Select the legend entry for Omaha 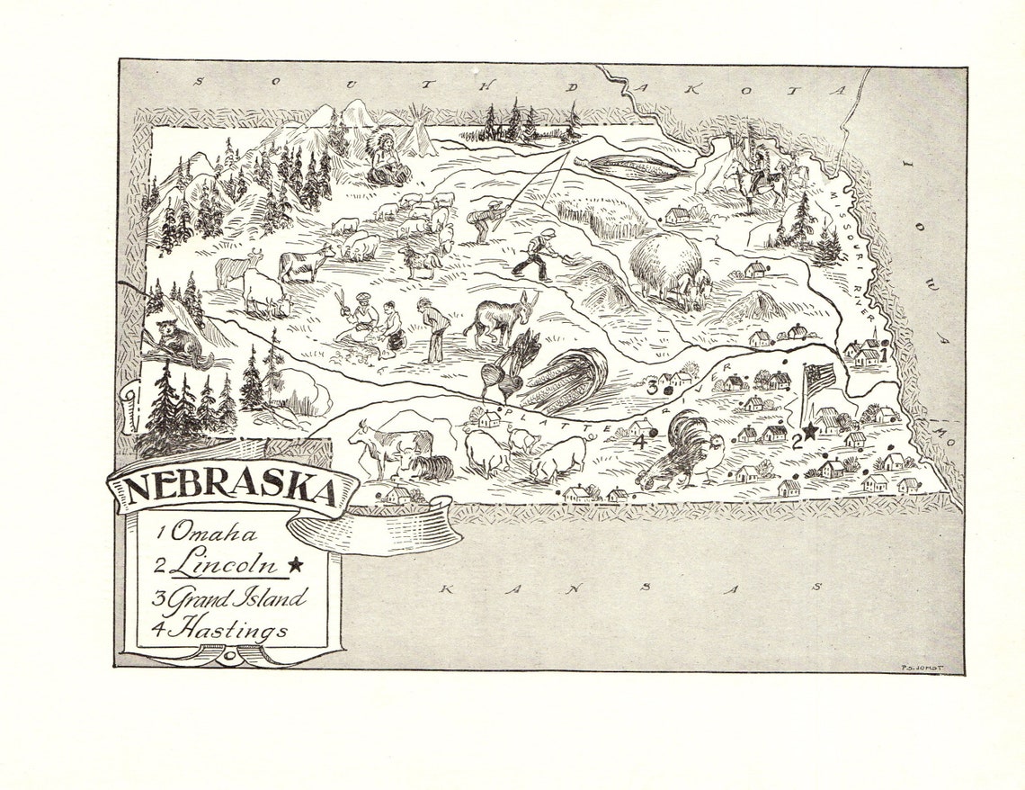(x=208, y=533)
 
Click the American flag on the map (x=818, y=381)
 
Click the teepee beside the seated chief (x=415, y=135)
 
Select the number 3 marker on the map (x=652, y=387)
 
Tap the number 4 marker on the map (x=640, y=442)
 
